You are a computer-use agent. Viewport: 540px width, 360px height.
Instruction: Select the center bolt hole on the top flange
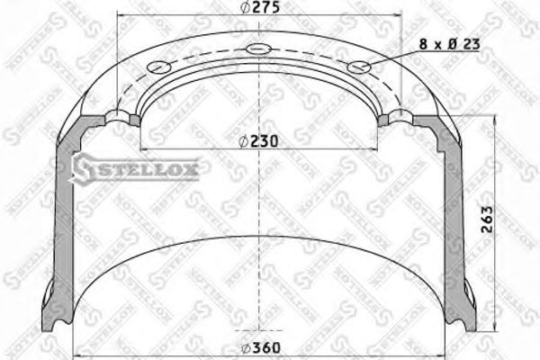click(x=261, y=49)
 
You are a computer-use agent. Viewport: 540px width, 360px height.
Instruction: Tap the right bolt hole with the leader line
click(x=360, y=66)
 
